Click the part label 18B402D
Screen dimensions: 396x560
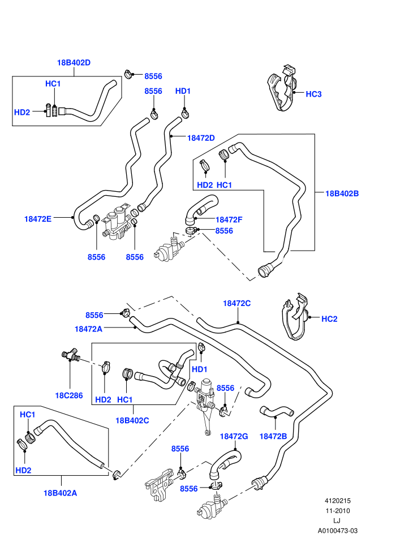(x=74, y=62)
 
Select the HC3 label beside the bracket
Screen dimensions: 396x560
(x=313, y=94)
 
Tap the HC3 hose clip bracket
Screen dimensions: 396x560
(x=283, y=89)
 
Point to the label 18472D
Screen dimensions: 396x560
(x=201, y=138)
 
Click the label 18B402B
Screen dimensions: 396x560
(x=342, y=193)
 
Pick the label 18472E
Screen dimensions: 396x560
(x=38, y=219)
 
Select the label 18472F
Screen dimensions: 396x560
(x=229, y=219)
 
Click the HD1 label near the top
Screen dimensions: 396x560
(x=183, y=91)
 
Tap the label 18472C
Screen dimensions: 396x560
(x=236, y=303)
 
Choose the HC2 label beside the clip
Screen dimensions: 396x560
(x=329, y=319)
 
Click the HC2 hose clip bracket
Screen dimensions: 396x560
(x=296, y=317)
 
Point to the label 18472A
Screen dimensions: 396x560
(x=89, y=329)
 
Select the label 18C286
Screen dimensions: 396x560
(x=69, y=395)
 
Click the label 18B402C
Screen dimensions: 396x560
(x=132, y=420)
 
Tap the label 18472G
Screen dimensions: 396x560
(x=234, y=436)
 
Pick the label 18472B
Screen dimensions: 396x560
(x=273, y=436)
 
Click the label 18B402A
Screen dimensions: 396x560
(x=61, y=493)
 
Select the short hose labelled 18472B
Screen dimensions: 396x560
(x=277, y=411)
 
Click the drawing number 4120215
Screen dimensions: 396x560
(x=337, y=501)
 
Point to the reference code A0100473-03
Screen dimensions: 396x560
(x=337, y=531)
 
